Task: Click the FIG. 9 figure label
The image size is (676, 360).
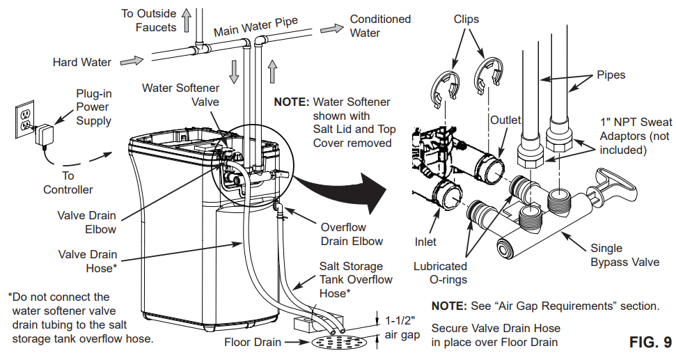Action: pyautogui.click(x=650, y=342)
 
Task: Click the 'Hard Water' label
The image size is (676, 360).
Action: pyautogui.click(x=81, y=63)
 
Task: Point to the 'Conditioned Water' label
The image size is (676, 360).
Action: pyautogui.click(x=380, y=26)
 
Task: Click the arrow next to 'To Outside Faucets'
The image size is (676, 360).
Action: pyautogui.click(x=187, y=22)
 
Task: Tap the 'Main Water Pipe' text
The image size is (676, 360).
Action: pyautogui.click(x=256, y=26)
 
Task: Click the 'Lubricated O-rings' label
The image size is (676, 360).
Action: pyautogui.click(x=440, y=273)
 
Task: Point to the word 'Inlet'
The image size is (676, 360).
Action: pyautogui.click(x=425, y=242)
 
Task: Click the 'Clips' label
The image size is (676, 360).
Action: pyautogui.click(x=466, y=19)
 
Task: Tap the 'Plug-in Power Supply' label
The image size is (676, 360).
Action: pyautogui.click(x=93, y=107)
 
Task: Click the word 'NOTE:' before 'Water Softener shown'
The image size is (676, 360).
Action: pyautogui.click(x=291, y=102)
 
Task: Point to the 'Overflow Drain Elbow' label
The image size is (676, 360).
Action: pyautogui.click(x=352, y=234)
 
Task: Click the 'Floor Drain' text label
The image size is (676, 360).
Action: pyautogui.click(x=252, y=342)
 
